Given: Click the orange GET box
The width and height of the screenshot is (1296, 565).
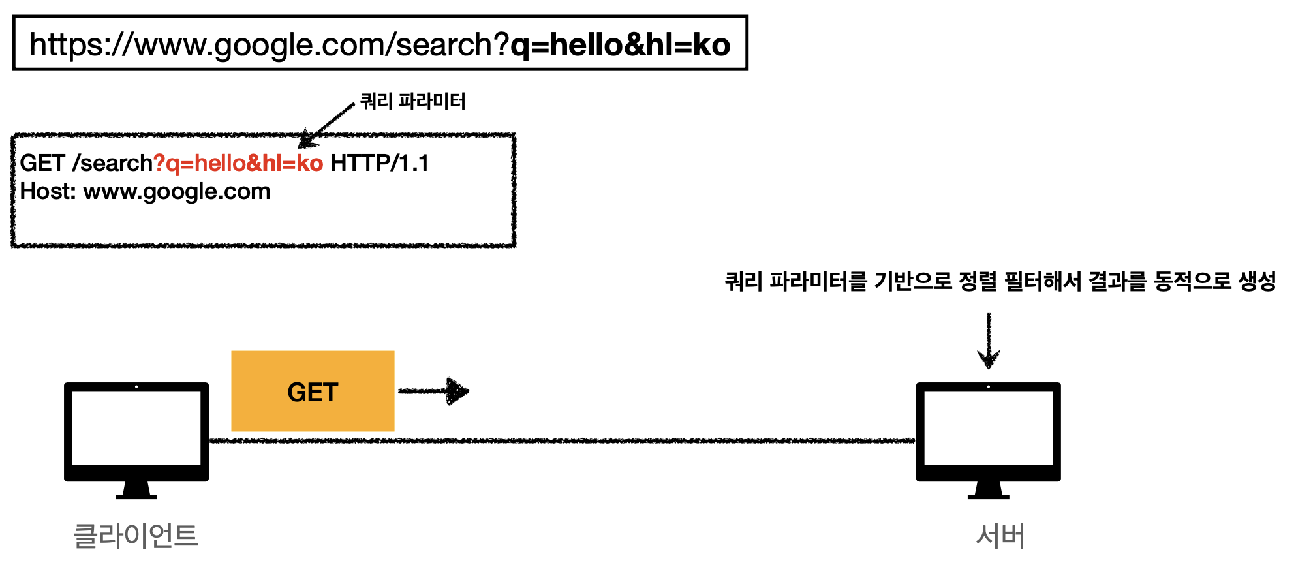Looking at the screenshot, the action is point(313,391).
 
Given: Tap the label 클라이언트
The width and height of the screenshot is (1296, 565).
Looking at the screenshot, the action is point(136,536).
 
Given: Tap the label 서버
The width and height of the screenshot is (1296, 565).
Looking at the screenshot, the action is point(1000,536).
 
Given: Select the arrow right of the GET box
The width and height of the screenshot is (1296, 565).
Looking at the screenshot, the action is point(434,391).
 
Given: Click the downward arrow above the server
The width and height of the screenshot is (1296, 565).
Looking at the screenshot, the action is point(989,341).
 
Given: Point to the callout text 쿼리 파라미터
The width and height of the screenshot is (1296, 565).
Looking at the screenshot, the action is point(413,101).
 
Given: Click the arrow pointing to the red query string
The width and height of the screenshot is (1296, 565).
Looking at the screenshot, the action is point(326,125).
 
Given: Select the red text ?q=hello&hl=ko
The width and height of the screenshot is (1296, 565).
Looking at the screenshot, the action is point(238,163).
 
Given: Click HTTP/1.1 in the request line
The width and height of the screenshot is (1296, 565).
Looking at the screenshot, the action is point(380,163).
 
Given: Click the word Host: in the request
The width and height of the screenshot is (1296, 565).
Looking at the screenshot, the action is point(48,192).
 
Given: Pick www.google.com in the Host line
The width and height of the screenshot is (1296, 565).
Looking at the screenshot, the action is point(177,192).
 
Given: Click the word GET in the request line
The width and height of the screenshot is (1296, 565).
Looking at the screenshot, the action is point(42,163).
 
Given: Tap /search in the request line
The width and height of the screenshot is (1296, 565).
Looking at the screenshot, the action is point(112,163).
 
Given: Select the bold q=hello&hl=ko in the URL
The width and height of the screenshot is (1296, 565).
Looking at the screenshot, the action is point(620,45).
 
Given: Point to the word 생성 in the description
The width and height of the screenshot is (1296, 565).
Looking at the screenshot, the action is point(1257,282).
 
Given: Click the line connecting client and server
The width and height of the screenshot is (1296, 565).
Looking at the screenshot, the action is point(561,441).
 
